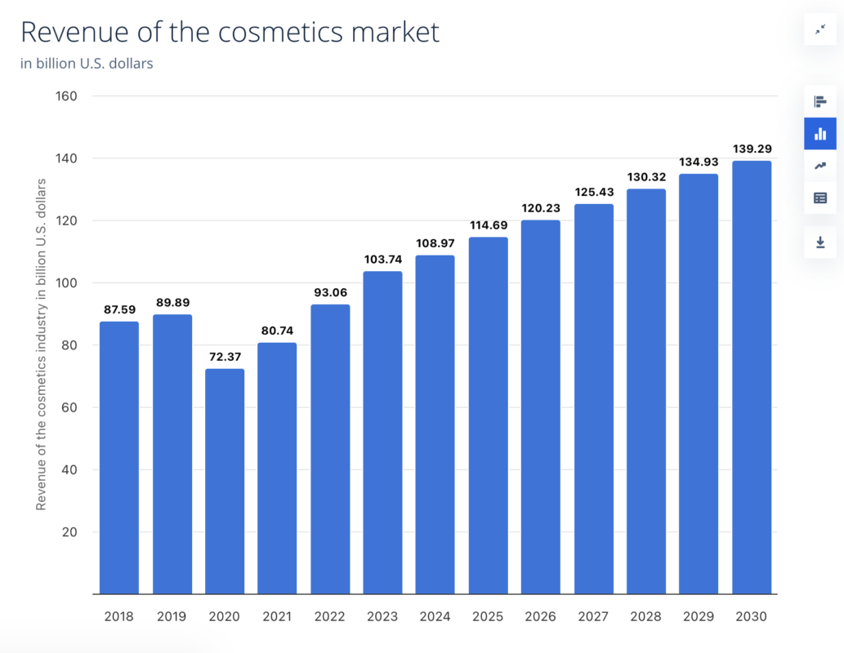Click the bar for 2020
point(225,482)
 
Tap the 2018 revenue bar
point(119,457)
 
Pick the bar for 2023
point(382,433)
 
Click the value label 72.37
point(225,357)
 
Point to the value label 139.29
point(752,149)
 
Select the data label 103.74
point(382,259)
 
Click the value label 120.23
point(541,208)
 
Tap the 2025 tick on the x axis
point(488,616)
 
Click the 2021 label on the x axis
point(277,616)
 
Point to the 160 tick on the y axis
point(66,96)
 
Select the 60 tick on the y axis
point(69,407)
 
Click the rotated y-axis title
point(41,343)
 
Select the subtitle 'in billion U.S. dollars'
point(87,64)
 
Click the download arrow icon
point(820,242)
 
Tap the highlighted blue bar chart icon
point(820,134)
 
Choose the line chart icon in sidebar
point(820,166)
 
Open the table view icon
point(820,198)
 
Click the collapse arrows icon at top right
point(820,29)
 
